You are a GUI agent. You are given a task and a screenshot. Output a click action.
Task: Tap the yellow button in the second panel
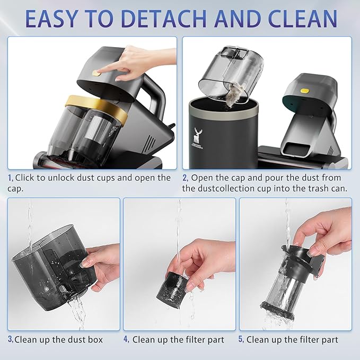click(304, 91)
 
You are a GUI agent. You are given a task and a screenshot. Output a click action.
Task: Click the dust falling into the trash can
click(231, 96)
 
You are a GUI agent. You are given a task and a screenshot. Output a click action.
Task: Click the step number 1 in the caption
click(10, 178)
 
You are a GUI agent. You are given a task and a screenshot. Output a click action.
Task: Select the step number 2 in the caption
click(185, 178)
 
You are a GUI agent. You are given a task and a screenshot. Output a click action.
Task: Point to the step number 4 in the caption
click(126, 340)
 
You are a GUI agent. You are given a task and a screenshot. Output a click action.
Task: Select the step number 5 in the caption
click(241, 340)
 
